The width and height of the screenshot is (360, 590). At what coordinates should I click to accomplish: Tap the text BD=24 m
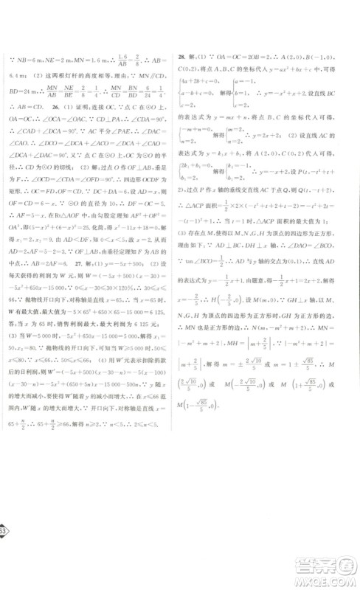[x=26, y=94]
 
